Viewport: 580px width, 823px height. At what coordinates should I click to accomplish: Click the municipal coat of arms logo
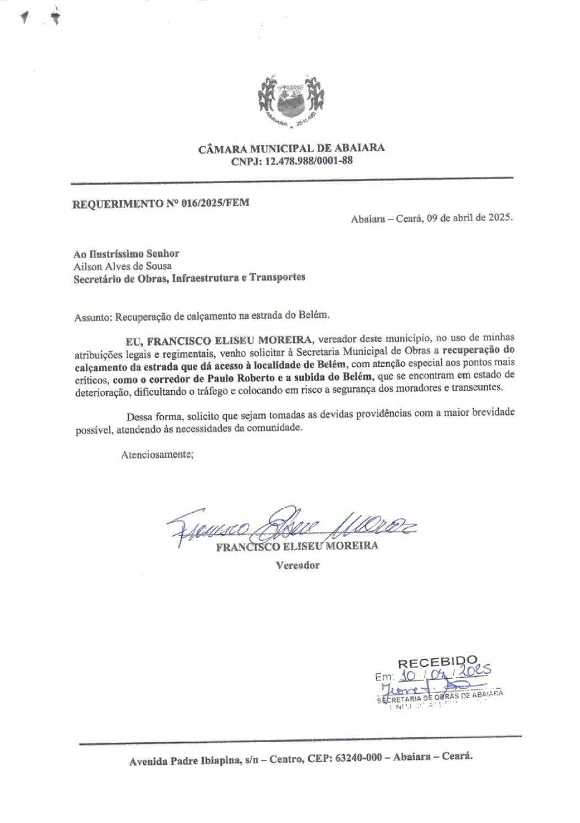coord(291,101)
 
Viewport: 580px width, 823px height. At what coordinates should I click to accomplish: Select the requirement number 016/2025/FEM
coord(215,202)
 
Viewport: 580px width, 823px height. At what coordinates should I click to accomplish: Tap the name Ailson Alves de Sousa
coord(122,266)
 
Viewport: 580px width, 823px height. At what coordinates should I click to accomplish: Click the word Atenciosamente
coord(157,454)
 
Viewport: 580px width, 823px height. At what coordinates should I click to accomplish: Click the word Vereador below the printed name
coord(297,565)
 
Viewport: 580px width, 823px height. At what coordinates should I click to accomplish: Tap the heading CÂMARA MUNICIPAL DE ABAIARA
coord(291,148)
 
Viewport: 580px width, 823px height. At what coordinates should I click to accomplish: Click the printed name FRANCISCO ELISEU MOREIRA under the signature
coord(297,546)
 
